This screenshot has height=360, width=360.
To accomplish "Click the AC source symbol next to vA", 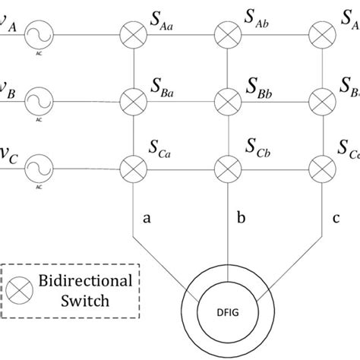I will pyautogui.click(x=35, y=33).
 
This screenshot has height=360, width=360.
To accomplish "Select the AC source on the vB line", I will pyautogui.click(x=35, y=98).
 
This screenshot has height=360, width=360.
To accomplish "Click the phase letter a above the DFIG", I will pyautogui.click(x=147, y=219).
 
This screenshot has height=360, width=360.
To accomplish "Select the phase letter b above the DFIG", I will pyautogui.click(x=242, y=217).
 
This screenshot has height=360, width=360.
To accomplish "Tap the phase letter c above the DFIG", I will pyautogui.click(x=336, y=219).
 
